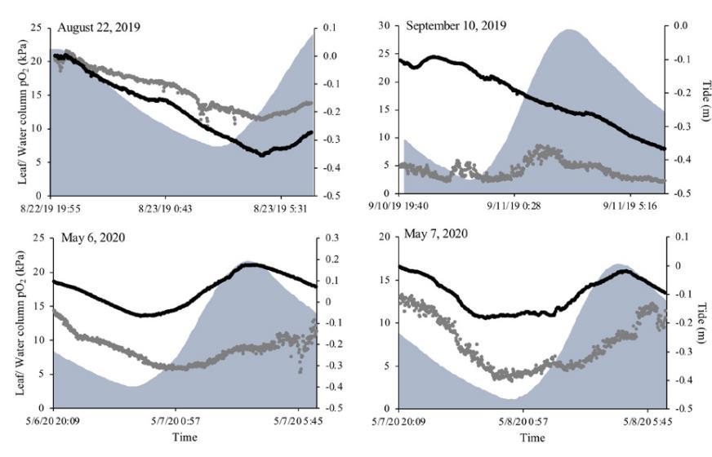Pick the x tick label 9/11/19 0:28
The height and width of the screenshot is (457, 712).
519,207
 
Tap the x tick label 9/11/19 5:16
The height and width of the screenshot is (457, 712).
634,207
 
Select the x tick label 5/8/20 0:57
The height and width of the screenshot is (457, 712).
524,423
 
